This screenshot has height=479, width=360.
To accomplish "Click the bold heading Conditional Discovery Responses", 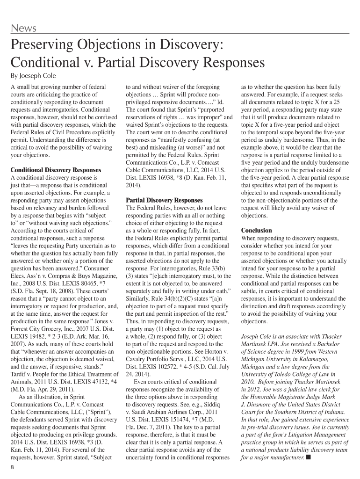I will [56, 170].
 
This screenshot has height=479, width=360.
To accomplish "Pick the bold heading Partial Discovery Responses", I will [165, 200].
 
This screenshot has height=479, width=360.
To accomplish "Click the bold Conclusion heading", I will [256, 230].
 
